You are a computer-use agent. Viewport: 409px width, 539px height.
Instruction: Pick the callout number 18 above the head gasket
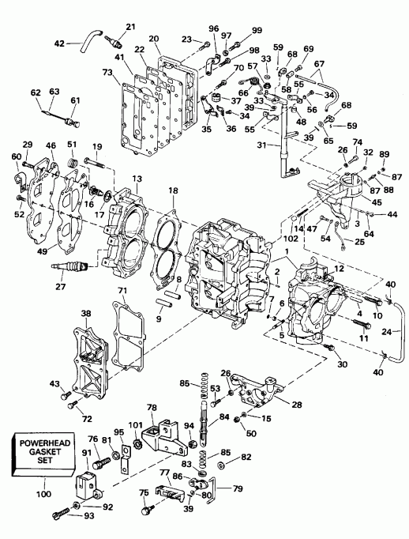[173, 190]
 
